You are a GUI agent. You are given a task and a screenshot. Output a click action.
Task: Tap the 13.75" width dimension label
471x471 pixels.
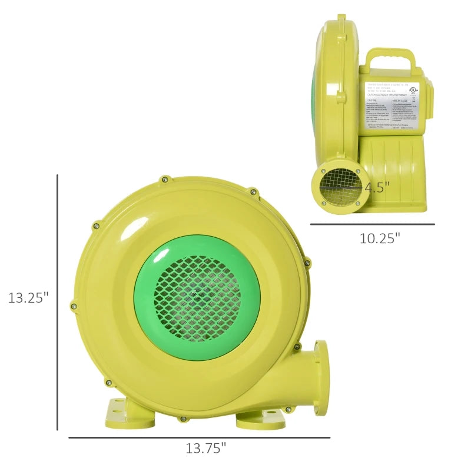(206, 448)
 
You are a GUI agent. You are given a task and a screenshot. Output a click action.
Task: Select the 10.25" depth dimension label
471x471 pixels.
(380, 238)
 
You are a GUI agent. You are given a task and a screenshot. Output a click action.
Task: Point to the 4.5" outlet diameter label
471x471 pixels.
(377, 188)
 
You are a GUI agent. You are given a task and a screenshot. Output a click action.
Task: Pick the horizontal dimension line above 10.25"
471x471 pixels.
(372, 224)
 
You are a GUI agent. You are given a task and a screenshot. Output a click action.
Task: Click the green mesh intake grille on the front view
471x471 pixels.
(197, 298)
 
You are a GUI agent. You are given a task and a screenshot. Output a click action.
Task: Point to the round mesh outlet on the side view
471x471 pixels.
(340, 187)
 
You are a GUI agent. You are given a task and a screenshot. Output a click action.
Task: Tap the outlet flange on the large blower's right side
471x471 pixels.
(321, 377)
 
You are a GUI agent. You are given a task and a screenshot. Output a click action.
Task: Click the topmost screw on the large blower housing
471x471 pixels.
(164, 179)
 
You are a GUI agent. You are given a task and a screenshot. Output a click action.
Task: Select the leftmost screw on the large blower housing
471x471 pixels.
(74, 306)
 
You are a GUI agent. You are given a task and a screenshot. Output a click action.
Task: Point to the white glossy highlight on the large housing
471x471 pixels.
(135, 229)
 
